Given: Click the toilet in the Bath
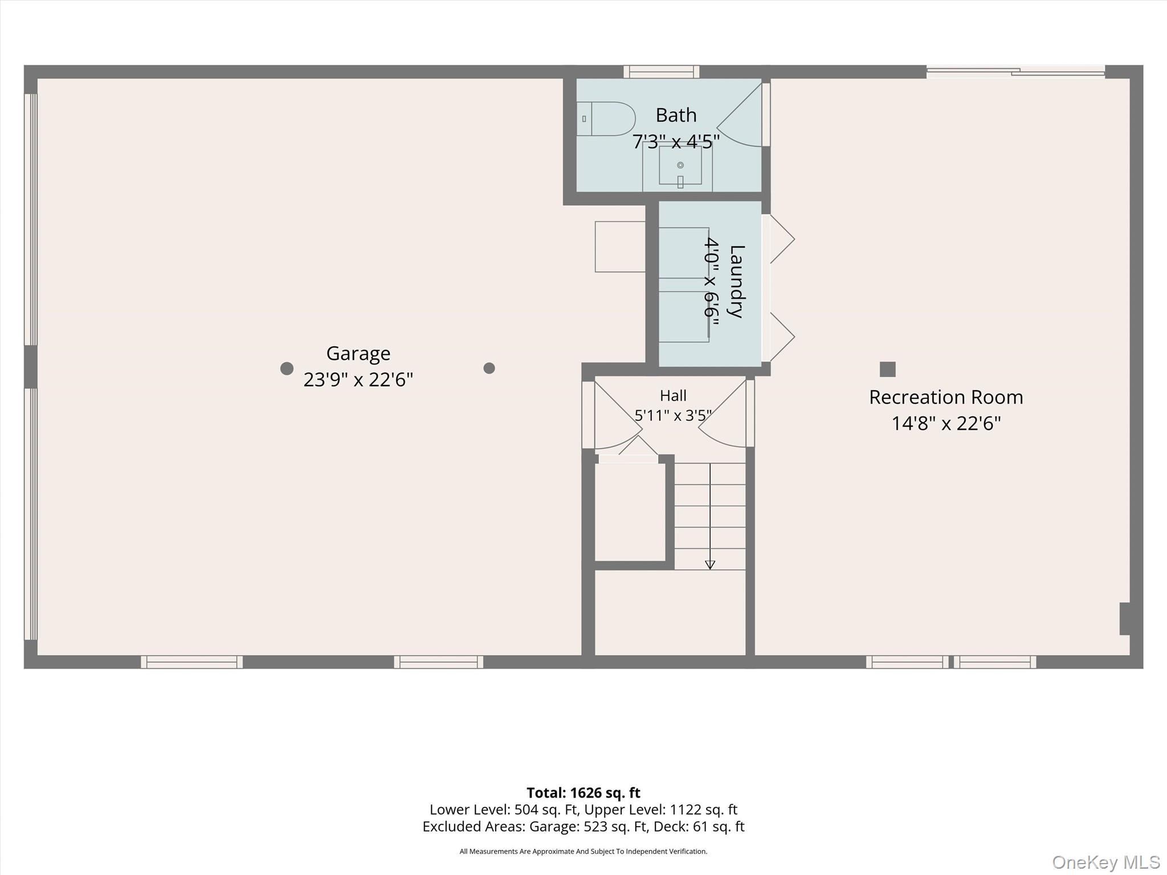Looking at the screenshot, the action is click(x=606, y=118).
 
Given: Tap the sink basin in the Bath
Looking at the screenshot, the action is click(x=680, y=165).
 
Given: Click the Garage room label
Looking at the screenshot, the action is click(x=358, y=354).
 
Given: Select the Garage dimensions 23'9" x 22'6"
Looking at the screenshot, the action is click(x=358, y=379).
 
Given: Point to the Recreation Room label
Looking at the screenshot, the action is click(x=946, y=397).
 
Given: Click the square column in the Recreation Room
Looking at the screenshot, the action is click(x=888, y=369).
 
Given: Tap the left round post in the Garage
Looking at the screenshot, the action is click(x=287, y=369).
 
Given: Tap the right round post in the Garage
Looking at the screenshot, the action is click(x=489, y=368).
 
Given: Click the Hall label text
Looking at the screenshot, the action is click(x=673, y=395).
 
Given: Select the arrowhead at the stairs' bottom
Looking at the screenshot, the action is click(x=710, y=565).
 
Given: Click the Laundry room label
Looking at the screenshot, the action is click(x=737, y=281).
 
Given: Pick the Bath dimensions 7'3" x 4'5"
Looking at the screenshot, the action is click(x=676, y=141).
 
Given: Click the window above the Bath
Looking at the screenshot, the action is click(x=661, y=72).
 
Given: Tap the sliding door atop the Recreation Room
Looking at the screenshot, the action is click(x=1016, y=72).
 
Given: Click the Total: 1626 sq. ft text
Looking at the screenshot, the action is click(x=583, y=792).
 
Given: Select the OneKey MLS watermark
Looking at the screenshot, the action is click(x=1106, y=862).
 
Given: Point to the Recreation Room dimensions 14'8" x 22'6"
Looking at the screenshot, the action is click(x=946, y=423).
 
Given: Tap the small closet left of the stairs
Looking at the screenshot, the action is click(x=630, y=512).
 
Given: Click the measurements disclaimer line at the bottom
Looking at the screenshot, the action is click(x=583, y=851).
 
